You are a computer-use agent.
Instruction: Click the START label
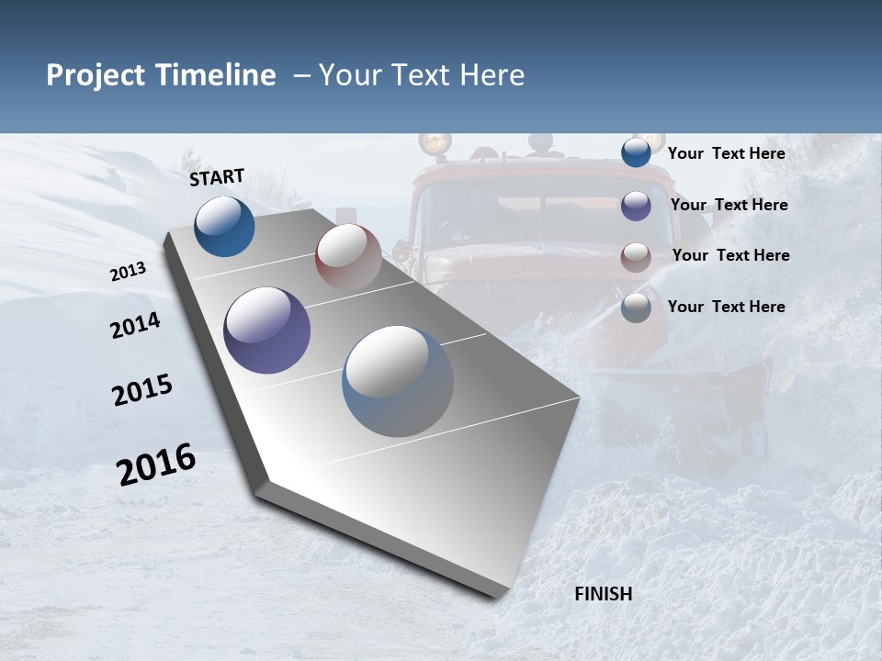click(x=217, y=177)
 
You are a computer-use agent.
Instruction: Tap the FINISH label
click(x=603, y=594)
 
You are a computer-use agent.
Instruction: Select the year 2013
click(x=128, y=272)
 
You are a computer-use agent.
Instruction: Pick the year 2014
click(x=135, y=326)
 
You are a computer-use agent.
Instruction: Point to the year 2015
click(x=141, y=391)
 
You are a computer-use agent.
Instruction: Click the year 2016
click(x=156, y=465)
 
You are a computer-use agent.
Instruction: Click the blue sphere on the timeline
click(x=224, y=226)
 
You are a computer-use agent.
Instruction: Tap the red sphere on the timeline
click(x=348, y=256)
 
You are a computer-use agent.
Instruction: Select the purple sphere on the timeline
click(x=266, y=330)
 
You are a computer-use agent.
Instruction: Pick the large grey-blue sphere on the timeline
click(x=398, y=380)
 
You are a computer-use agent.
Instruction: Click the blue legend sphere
click(x=636, y=153)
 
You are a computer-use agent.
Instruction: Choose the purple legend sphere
click(x=636, y=206)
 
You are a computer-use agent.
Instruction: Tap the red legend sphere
click(x=636, y=256)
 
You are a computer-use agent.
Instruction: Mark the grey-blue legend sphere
click(x=636, y=308)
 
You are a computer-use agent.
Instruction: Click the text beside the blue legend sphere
click(x=726, y=153)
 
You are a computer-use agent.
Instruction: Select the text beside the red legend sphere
click(x=730, y=255)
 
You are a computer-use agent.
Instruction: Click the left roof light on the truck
click(x=435, y=142)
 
